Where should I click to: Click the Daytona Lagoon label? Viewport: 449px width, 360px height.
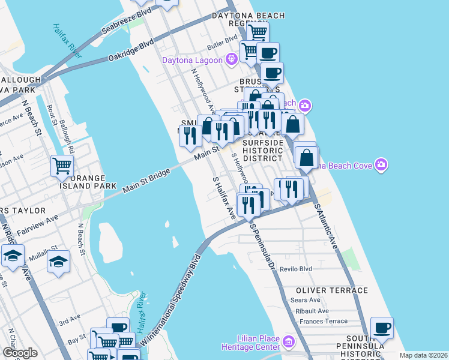click(x=191, y=59)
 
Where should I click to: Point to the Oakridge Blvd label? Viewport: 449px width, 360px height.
click(x=131, y=50)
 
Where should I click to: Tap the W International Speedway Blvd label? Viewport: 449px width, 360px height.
click(x=170, y=302)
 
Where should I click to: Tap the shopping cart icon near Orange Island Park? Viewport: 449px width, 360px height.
click(x=62, y=166)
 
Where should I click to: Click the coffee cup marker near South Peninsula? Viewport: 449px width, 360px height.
click(x=382, y=328)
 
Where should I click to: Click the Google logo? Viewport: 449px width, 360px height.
click(x=20, y=353)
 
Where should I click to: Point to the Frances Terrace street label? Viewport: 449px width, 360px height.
click(x=323, y=321)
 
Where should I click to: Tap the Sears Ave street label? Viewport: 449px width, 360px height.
click(x=306, y=300)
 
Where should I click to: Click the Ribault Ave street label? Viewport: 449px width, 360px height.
click(x=312, y=311)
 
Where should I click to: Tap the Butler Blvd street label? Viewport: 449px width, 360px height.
click(x=223, y=40)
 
